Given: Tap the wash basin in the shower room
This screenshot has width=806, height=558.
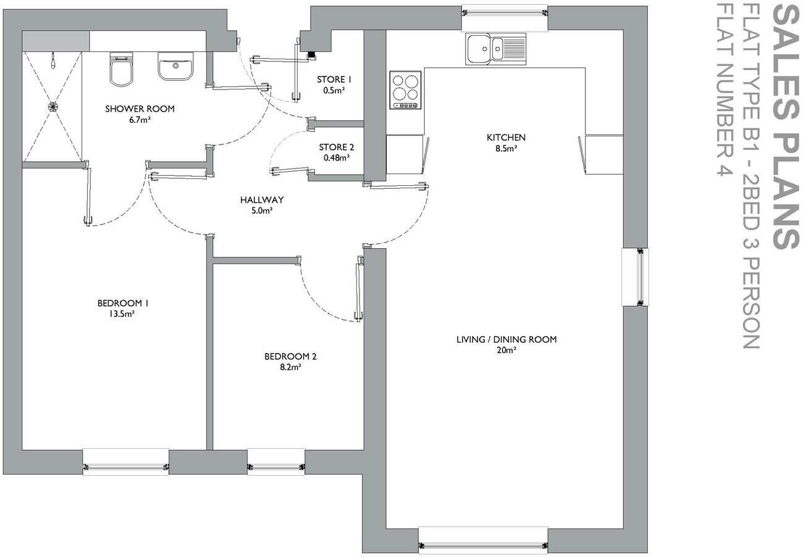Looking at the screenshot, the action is (175, 66).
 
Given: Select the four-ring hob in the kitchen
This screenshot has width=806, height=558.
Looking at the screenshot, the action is (406, 90).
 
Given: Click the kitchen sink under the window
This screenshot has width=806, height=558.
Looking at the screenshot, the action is (496, 49).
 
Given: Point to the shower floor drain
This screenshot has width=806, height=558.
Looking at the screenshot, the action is (53, 106).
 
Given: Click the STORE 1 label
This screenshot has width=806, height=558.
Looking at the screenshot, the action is (334, 80).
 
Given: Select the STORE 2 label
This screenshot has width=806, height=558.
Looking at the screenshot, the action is (337, 147).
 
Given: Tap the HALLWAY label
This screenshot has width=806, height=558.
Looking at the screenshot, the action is (262, 199).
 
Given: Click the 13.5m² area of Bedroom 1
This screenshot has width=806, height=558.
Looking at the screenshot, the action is (122, 314).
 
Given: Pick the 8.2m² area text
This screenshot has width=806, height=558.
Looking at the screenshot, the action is (290, 367).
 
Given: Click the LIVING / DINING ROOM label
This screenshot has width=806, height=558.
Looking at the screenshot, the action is (506, 339).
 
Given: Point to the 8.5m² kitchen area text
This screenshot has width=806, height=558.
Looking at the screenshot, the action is (506, 148).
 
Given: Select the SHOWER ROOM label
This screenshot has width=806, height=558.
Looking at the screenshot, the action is (140, 109).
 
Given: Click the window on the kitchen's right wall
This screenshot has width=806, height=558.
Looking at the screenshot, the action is (636, 277).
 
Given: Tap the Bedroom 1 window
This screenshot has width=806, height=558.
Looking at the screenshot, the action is (125, 462).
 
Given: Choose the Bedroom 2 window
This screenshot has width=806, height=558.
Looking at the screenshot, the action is (276, 462).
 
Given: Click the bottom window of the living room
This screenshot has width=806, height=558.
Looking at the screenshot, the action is (483, 540).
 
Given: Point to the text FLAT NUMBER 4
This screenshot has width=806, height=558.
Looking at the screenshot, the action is (724, 90).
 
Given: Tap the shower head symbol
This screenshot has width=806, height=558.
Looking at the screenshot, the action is (53, 60).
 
